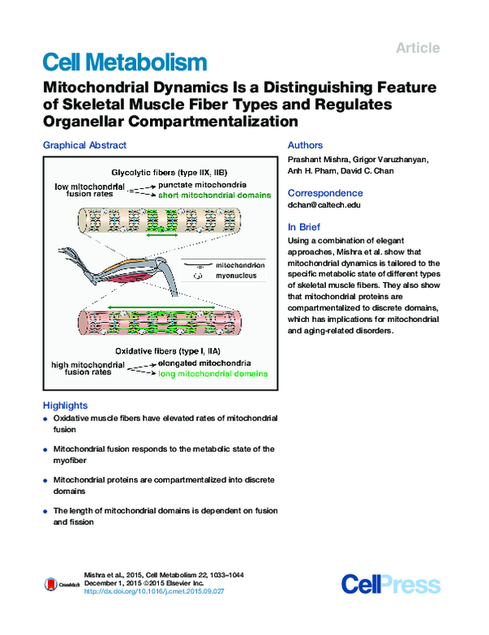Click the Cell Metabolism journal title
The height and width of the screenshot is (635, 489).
tap(124, 61)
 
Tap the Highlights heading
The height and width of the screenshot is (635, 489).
tap(64, 405)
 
